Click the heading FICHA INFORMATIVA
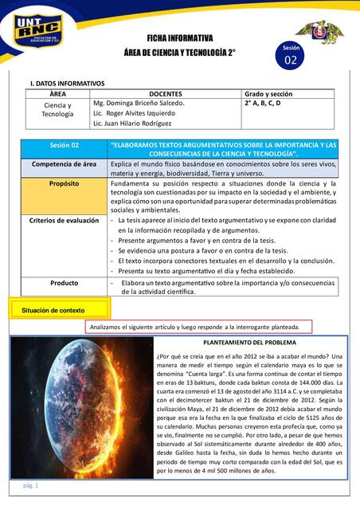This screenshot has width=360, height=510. pyautogui.click(x=179, y=37)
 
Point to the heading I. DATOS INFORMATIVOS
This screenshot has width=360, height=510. pyautogui.click(x=67, y=83)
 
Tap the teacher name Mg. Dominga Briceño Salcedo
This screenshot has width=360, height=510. pyautogui.click(x=139, y=104)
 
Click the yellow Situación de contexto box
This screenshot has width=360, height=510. pyautogui.click(x=53, y=309)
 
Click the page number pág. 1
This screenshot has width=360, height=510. pyautogui.click(x=31, y=485)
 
